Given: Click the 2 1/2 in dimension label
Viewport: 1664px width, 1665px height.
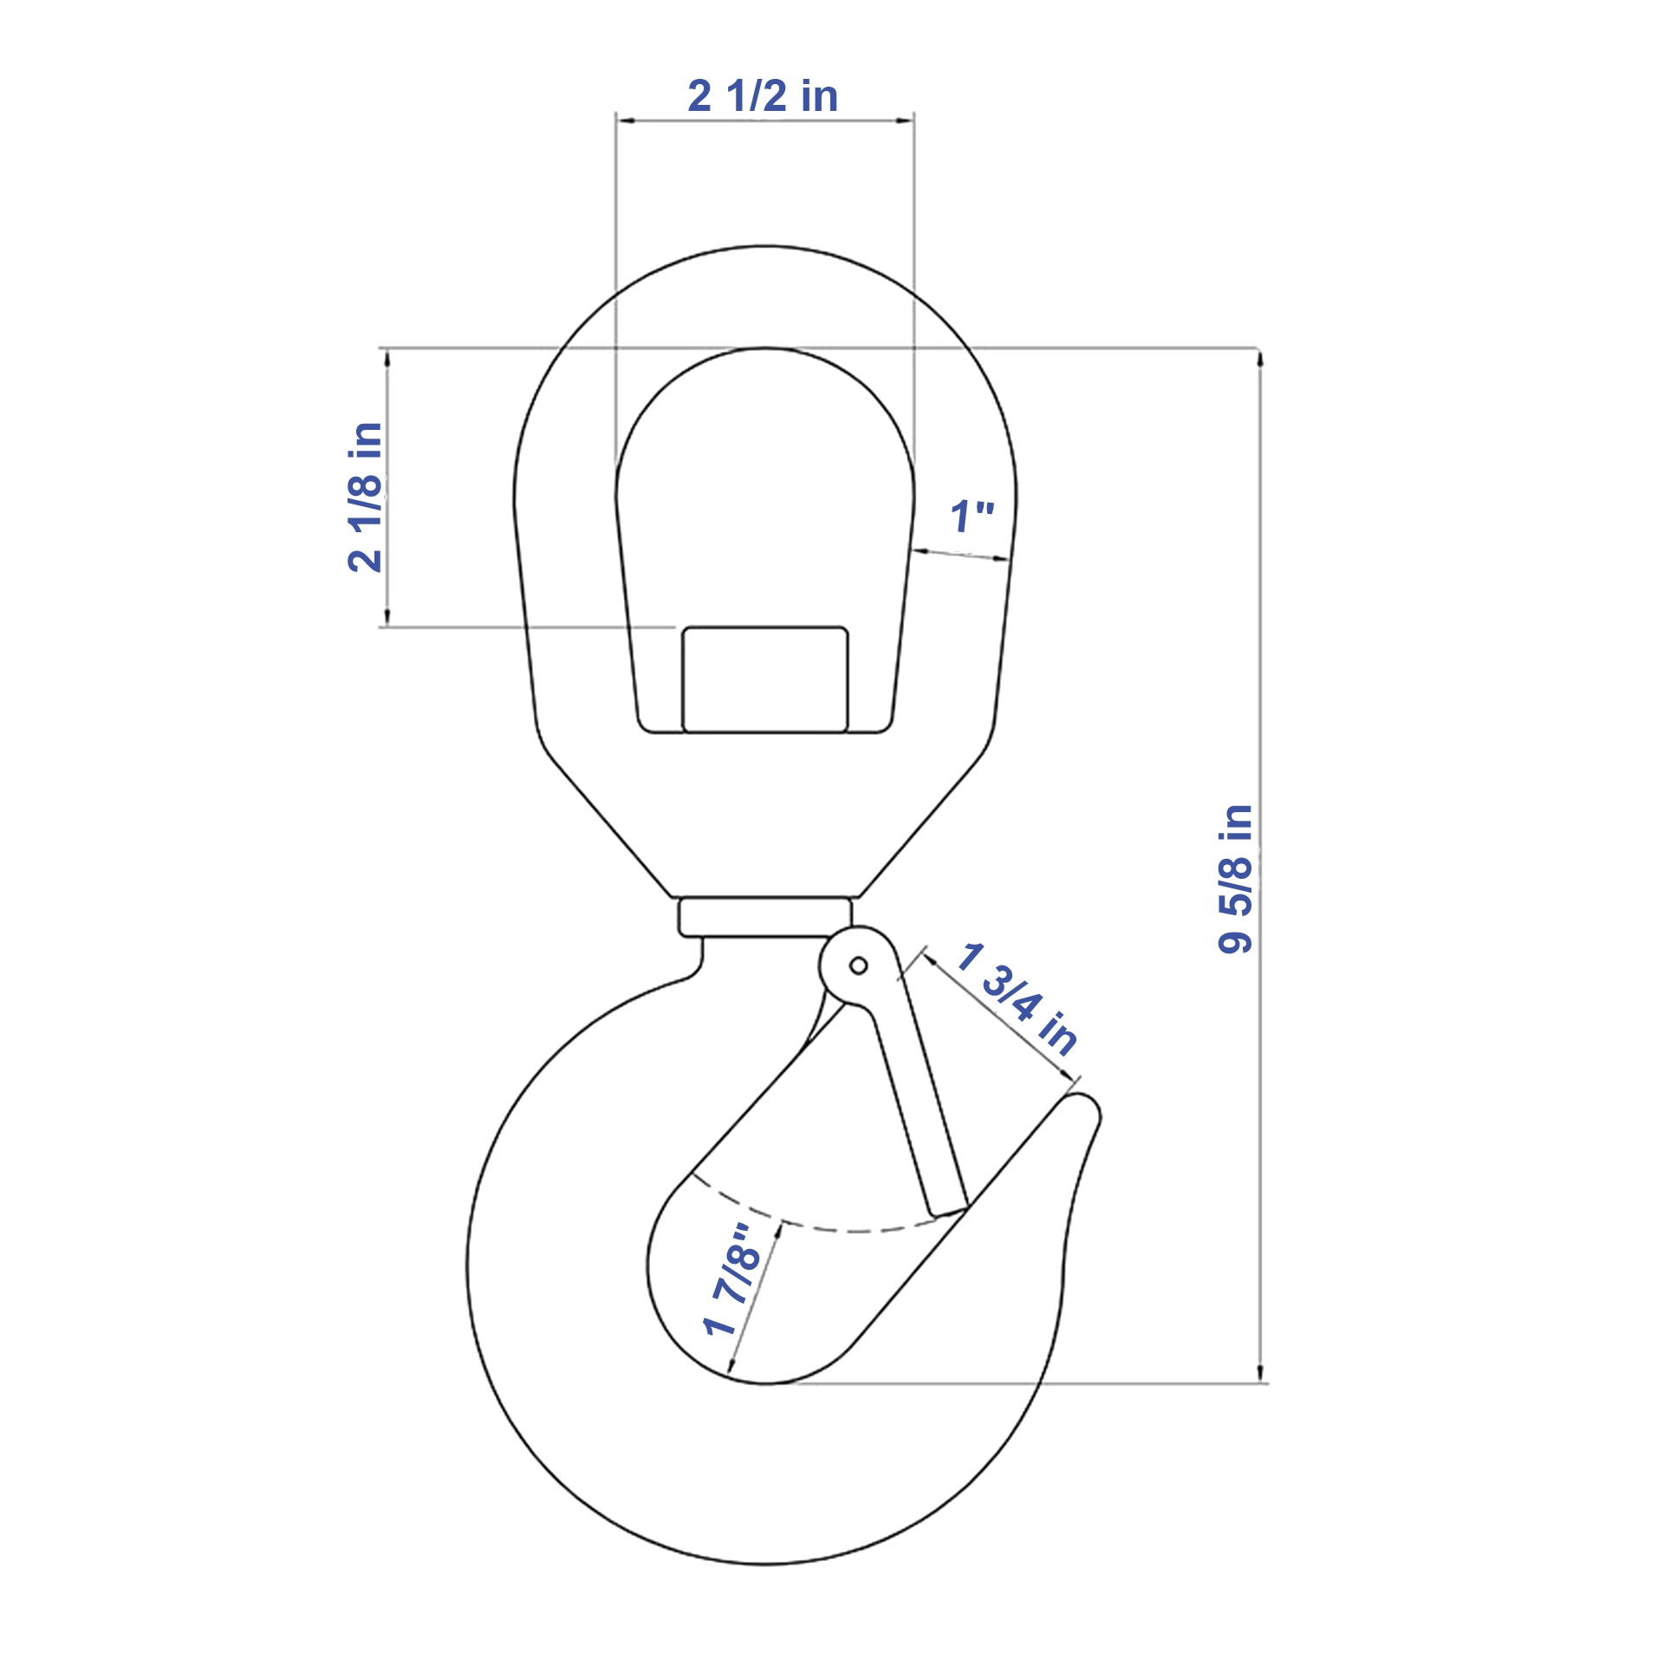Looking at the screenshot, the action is pos(763,95).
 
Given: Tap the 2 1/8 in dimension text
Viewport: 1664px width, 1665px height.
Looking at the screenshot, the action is pos(365,497).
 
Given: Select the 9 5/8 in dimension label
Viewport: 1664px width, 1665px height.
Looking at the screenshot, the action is pos(1235,879).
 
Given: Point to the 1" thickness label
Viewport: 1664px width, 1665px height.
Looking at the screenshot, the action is pos(972,517).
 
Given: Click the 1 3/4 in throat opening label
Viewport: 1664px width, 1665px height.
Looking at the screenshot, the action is pos(1017,998).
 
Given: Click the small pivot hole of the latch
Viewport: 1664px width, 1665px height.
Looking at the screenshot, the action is pos(858,966).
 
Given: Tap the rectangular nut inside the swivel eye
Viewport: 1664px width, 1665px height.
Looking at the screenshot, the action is pos(765,680).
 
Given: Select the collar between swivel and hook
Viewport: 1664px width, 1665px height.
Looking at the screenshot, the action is pos(765,917).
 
